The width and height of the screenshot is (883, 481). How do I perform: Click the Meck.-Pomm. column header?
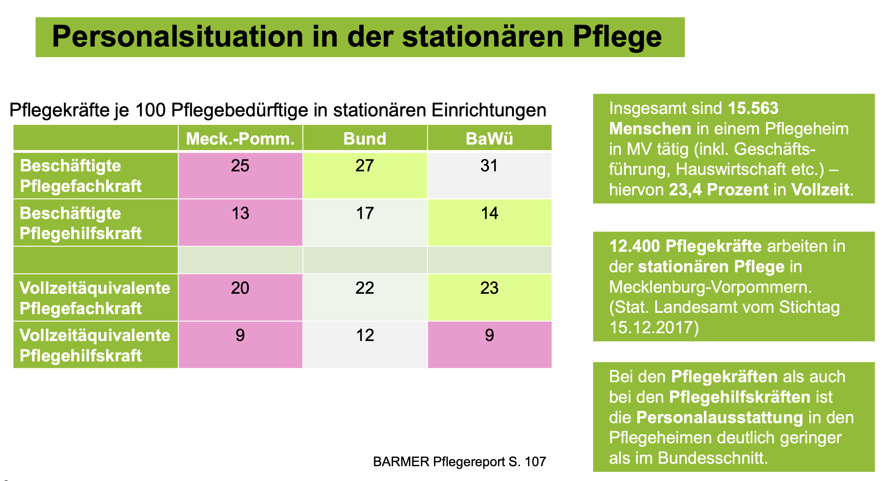pyautogui.click(x=240, y=139)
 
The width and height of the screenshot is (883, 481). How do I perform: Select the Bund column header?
pyautogui.click(x=365, y=139)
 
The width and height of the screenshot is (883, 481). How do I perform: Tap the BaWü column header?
pyautogui.click(x=489, y=139)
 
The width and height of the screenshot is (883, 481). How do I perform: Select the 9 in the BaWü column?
pyautogui.click(x=489, y=335)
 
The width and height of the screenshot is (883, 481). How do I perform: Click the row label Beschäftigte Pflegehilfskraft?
pyautogui.click(x=81, y=223)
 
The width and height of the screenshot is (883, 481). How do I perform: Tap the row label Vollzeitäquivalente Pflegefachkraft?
pyautogui.click(x=95, y=298)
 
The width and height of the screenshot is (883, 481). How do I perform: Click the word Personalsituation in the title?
pyautogui.click(x=178, y=37)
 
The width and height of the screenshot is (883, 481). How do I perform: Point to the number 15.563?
pyautogui.click(x=753, y=108)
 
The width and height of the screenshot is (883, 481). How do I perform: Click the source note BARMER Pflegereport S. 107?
pyautogui.click(x=459, y=462)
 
